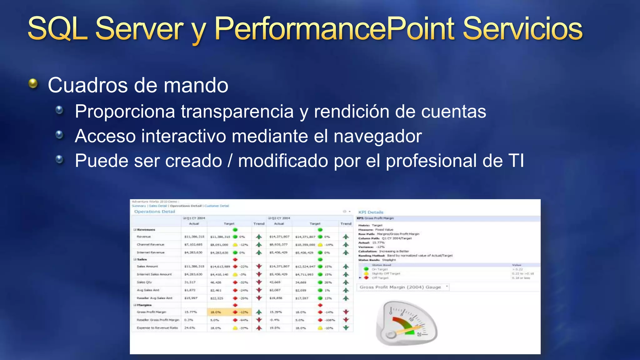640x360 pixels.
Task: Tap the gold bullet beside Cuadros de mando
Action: point(33,83)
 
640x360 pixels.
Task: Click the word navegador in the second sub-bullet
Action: point(377,136)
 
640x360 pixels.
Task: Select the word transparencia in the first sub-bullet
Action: point(237,112)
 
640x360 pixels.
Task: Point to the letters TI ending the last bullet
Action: point(516,161)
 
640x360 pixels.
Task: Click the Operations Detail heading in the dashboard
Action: point(155,212)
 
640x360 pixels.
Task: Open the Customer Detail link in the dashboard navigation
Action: point(217,206)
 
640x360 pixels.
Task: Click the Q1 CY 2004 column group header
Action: point(195,218)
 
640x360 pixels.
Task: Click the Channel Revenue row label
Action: point(150,245)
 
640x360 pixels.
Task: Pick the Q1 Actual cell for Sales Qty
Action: point(190,282)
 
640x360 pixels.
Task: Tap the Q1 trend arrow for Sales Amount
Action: point(259,267)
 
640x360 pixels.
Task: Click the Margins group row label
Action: point(144,305)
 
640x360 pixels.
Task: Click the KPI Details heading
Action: point(371,212)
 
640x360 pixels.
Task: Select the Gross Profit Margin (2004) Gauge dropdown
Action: point(403,287)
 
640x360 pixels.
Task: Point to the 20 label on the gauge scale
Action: point(419,334)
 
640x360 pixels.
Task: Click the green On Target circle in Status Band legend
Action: point(366,269)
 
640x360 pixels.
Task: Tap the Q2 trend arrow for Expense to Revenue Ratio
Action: point(346,328)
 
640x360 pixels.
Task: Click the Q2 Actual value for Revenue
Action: point(279,237)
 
